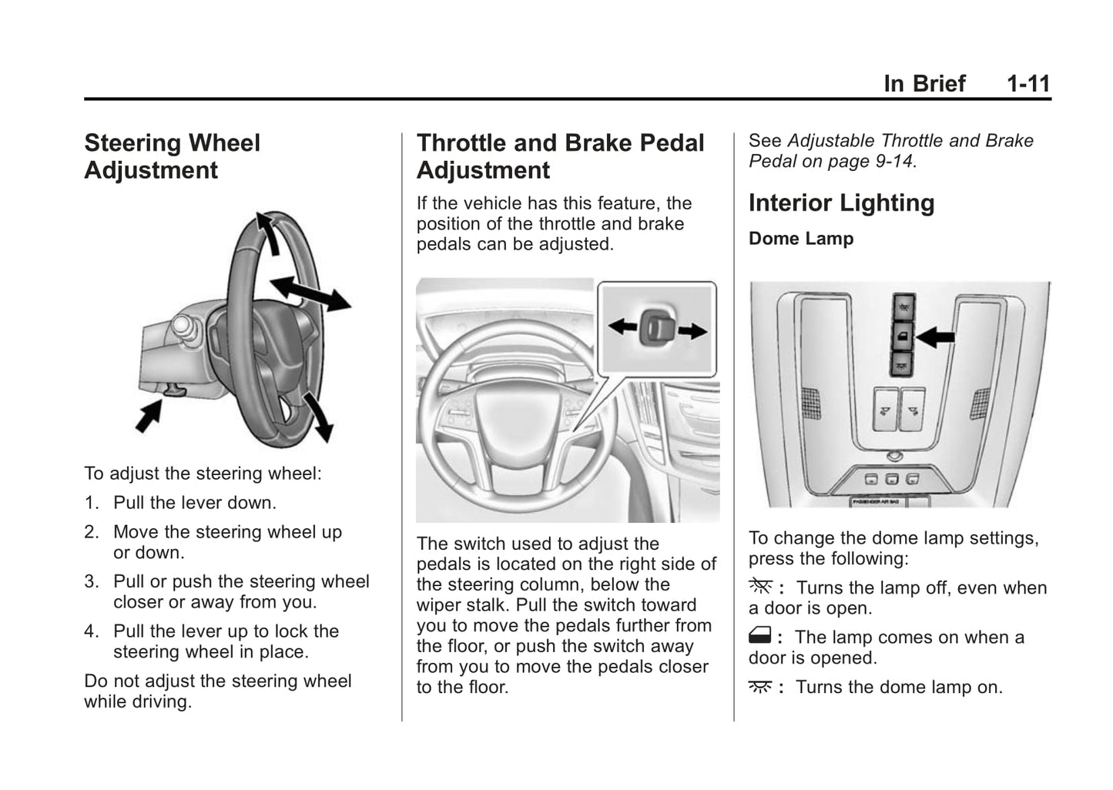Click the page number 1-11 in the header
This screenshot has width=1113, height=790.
tap(1028, 83)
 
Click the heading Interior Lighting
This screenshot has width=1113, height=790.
tap(841, 203)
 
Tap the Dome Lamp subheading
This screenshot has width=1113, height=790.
tap(800, 239)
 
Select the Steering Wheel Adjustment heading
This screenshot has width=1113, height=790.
tap(172, 156)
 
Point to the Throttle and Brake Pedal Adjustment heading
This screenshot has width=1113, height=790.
tap(560, 156)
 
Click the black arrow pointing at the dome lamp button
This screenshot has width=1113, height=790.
tap(936, 336)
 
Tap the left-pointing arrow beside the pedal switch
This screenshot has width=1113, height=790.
tap(622, 326)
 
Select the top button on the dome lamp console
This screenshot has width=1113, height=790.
tap(903, 306)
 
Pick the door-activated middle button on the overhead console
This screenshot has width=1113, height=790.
tap(903, 335)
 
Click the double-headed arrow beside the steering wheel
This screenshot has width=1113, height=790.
tap(310, 293)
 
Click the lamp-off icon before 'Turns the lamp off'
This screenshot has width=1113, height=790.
tap(759, 587)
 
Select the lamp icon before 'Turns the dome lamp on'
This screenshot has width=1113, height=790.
tap(759, 687)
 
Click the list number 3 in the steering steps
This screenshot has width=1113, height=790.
tap(92, 581)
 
